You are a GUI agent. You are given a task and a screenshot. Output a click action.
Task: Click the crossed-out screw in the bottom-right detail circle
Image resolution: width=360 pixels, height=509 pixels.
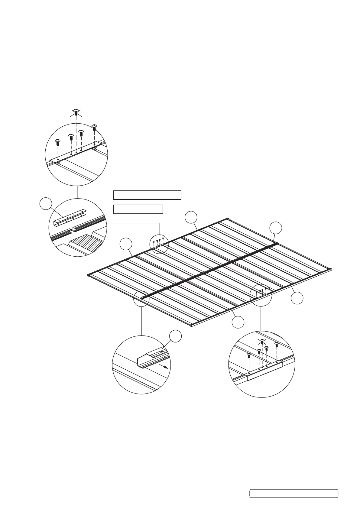(x=262, y=342)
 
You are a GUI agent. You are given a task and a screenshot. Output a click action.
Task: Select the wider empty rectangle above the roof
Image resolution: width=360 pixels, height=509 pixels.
(x=147, y=195)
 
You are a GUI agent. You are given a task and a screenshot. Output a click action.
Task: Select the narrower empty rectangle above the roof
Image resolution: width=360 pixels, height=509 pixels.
(x=138, y=209)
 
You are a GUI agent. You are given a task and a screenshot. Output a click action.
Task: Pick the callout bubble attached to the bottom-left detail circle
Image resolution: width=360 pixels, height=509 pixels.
(x=175, y=336)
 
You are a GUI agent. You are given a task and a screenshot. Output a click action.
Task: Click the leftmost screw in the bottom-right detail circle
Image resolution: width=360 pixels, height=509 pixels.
(x=249, y=356)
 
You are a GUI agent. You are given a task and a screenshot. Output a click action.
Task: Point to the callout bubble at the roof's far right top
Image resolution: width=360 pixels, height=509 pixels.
(x=276, y=228)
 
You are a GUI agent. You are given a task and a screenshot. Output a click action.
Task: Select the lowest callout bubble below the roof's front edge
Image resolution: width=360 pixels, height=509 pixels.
(x=238, y=322)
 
